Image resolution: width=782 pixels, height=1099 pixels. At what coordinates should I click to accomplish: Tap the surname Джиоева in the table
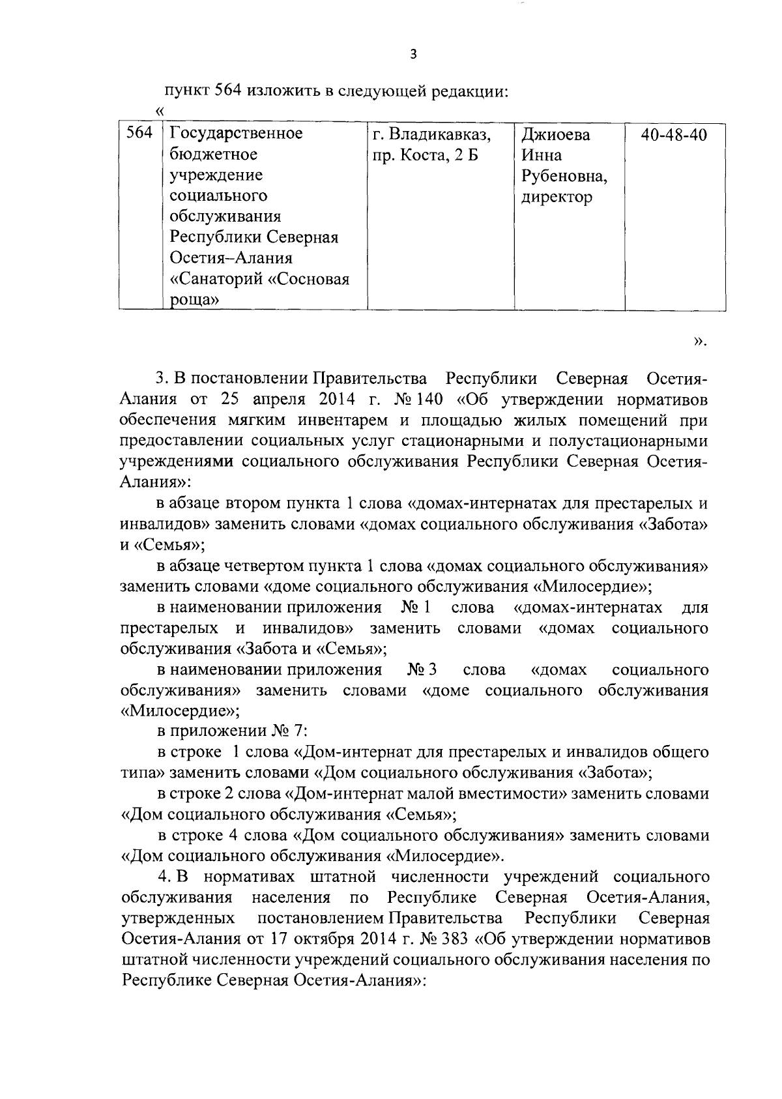tap(555, 135)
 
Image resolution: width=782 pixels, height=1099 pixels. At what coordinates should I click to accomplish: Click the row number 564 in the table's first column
tap(139, 134)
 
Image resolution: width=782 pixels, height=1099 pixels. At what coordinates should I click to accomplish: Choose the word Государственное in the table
tap(236, 134)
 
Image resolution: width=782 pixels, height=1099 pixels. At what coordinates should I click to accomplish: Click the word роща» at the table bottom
tap(194, 300)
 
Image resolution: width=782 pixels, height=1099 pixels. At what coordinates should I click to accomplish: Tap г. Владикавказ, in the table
tap(431, 135)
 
